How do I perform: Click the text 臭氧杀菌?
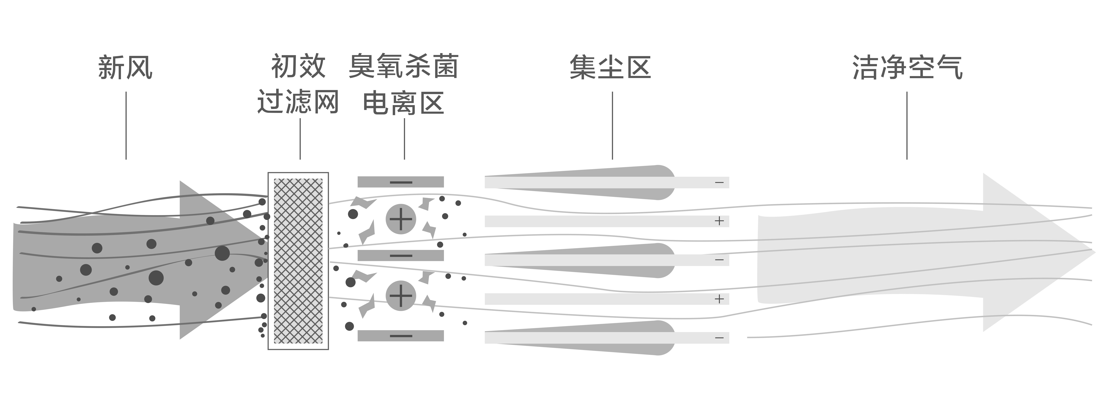pyautogui.click(x=403, y=66)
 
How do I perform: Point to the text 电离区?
pyautogui.click(x=403, y=104)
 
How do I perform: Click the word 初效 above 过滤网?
pyautogui.click(x=298, y=66)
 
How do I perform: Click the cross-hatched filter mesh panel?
pyautogui.click(x=298, y=261)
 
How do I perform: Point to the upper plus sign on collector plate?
pyautogui.click(x=719, y=221)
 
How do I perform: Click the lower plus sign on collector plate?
pyautogui.click(x=719, y=299)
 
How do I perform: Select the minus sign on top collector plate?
pyautogui.click(x=719, y=183)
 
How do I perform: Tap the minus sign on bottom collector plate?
pyautogui.click(x=719, y=338)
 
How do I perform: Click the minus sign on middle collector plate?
pyautogui.click(x=719, y=260)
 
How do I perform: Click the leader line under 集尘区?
pyautogui.click(x=612, y=125)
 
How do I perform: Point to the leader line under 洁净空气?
pyautogui.click(x=907, y=125)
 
